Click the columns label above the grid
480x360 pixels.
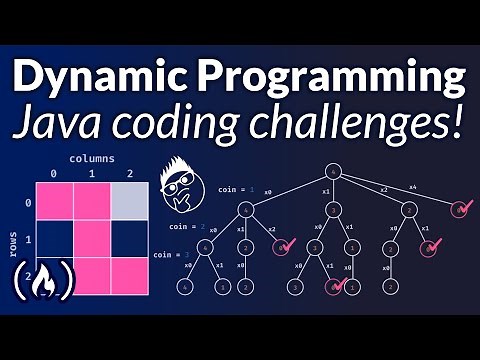click(x=91, y=158)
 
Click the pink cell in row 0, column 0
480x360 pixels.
click(x=55, y=201)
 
